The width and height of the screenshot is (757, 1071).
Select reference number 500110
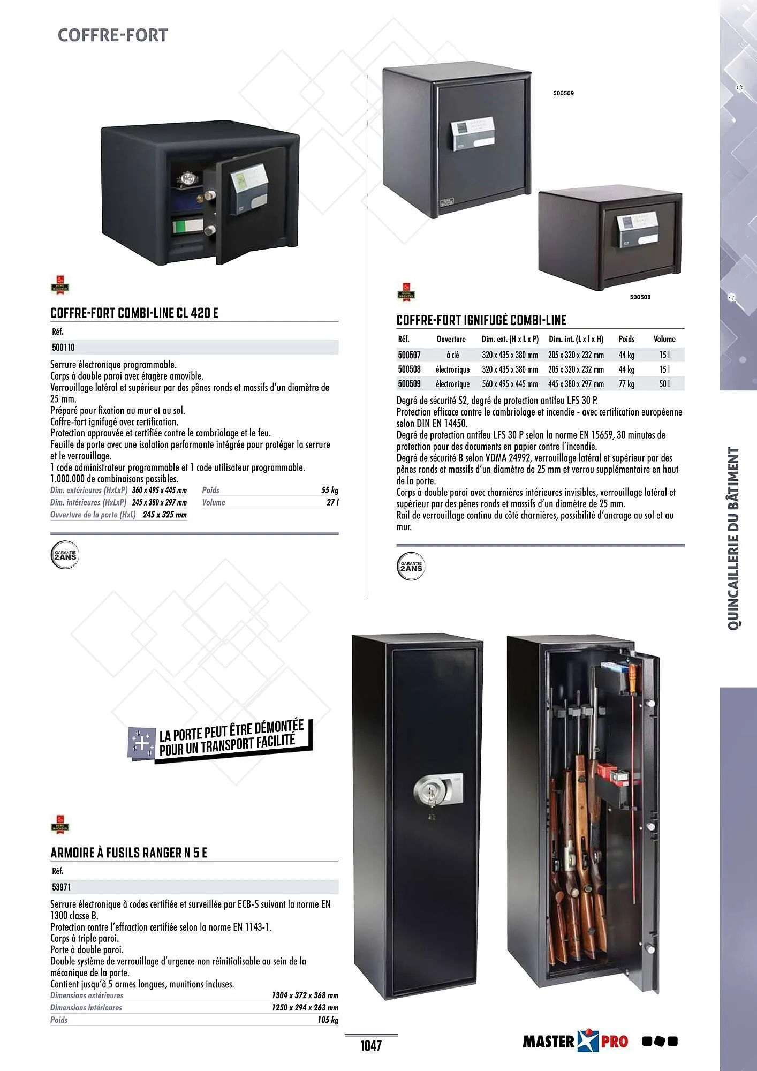point(63,348)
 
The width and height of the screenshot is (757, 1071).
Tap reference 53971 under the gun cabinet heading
point(60,887)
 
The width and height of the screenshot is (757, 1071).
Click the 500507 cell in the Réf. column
point(409,355)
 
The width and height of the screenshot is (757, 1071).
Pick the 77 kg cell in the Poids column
point(626,384)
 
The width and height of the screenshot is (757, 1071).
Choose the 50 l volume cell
point(664,384)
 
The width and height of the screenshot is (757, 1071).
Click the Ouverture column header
point(451,339)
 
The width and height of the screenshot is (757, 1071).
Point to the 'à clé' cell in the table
point(452,355)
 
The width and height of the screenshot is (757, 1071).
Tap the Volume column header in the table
point(664,339)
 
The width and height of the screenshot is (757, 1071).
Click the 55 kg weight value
point(330,490)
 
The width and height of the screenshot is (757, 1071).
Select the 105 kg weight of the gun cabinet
point(328,1020)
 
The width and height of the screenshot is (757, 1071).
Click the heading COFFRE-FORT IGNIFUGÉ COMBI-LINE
point(481,320)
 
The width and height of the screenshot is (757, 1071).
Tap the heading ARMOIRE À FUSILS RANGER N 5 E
point(128,853)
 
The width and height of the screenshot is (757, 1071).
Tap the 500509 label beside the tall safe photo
point(563,93)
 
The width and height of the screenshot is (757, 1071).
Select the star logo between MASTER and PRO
point(587,1042)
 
